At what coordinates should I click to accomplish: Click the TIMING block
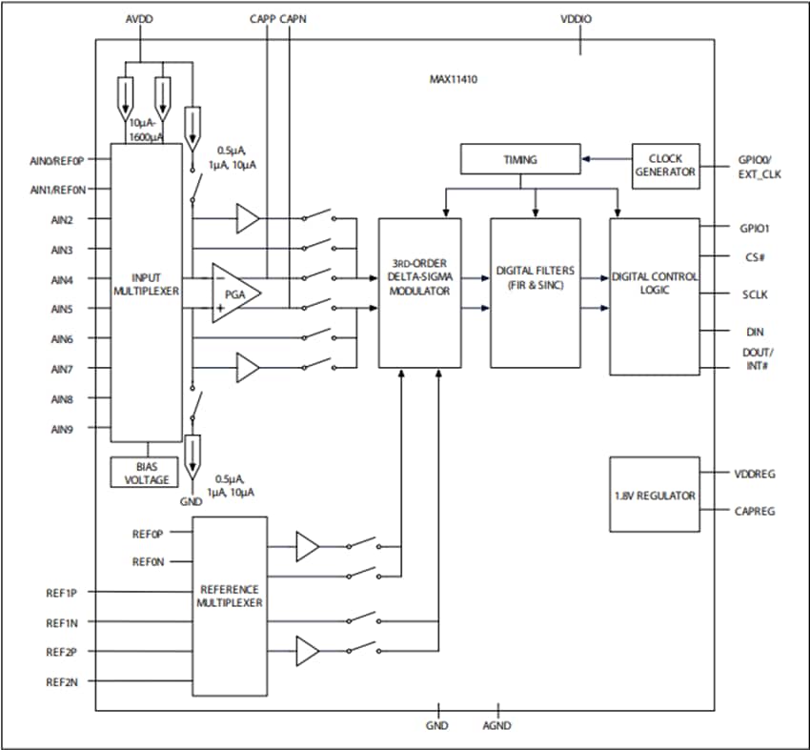tap(519, 159)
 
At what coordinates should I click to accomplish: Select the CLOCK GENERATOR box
tap(665, 166)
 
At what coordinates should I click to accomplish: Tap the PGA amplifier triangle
tap(232, 294)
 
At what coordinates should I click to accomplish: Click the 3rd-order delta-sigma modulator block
tap(419, 294)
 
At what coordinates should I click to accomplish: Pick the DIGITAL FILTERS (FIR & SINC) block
tap(535, 292)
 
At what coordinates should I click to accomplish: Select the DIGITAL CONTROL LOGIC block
tap(654, 295)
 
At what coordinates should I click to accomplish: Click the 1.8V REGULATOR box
tap(654, 496)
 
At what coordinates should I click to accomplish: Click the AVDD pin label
tap(138, 19)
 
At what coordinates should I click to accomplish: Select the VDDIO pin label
tap(580, 19)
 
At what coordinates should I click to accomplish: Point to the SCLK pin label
tap(755, 294)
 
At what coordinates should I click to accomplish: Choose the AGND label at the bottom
tap(496, 725)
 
